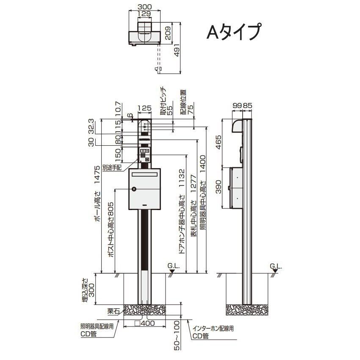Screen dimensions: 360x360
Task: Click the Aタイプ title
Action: click(233, 32)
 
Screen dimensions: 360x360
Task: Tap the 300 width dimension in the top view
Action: click(145, 7)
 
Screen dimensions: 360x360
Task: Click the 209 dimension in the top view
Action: click(168, 33)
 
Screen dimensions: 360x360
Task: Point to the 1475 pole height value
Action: click(97, 174)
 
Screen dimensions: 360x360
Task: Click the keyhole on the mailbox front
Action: click(134, 189)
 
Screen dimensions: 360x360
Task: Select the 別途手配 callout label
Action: click(112, 168)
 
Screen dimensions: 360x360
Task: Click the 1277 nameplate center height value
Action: click(193, 183)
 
